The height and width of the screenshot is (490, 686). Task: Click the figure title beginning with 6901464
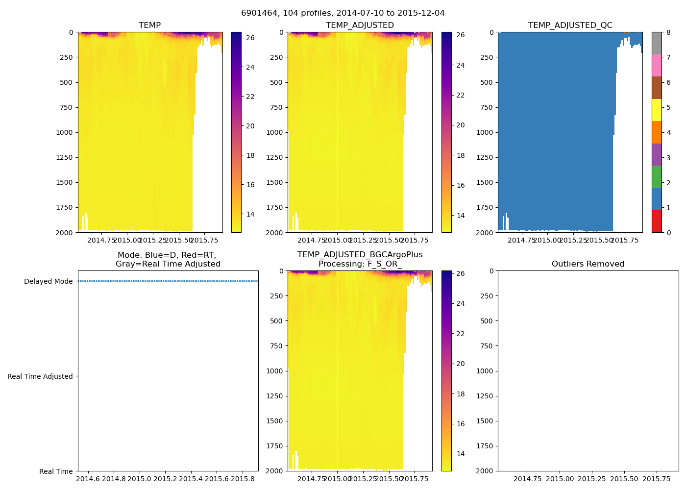pos(343,13)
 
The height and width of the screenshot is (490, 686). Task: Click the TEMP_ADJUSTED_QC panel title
pos(570,25)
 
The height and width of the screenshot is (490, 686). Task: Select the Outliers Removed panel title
pos(588,264)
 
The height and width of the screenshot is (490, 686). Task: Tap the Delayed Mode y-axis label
pos(48,281)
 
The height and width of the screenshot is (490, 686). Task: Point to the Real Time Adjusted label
pos(40,376)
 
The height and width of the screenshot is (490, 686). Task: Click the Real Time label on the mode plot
pos(56,471)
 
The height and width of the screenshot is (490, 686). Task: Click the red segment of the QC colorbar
pos(657,221)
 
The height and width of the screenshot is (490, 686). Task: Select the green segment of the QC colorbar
pos(657,177)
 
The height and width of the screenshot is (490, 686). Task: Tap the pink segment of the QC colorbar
pos(657,66)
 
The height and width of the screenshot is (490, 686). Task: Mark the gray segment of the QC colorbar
pos(657,43)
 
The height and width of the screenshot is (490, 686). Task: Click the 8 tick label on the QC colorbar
pos(668,32)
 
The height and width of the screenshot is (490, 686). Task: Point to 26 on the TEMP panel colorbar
pos(250,38)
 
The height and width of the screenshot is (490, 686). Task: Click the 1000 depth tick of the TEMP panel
pos(64,132)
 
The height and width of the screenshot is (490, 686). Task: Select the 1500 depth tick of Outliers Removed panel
pos(485,421)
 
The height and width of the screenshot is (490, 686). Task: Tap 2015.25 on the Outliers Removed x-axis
pos(591,478)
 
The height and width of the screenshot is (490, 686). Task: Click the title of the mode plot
pos(168,260)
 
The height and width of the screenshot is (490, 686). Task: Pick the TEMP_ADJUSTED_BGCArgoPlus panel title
pos(360,260)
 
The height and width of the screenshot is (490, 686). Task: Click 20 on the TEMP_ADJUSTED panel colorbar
pos(460,125)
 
